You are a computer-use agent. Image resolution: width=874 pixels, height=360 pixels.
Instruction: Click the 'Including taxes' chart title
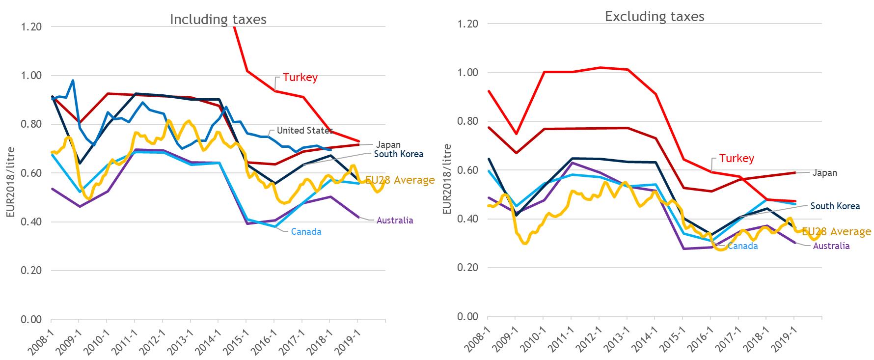[x=218, y=20]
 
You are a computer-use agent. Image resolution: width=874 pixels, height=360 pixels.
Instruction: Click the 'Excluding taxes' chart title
[x=655, y=17]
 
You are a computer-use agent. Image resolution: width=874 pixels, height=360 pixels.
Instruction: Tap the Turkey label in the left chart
[x=300, y=78]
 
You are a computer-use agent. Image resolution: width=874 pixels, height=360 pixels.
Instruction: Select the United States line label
[x=304, y=131]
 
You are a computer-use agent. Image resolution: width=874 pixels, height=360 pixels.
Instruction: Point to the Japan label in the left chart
[x=388, y=145]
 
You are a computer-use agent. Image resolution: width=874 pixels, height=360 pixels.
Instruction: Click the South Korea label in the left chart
[x=399, y=154]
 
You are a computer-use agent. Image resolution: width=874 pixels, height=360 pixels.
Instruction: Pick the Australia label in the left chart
[x=395, y=221]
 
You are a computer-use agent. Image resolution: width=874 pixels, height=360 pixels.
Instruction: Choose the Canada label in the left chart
[x=306, y=232]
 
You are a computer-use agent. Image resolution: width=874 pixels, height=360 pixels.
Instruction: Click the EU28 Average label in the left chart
[x=400, y=180]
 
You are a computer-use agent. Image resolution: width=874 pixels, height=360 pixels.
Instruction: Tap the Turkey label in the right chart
[x=737, y=159]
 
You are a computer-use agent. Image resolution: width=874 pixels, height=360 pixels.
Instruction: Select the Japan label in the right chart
[x=824, y=173]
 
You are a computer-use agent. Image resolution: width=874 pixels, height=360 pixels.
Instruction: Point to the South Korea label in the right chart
[x=835, y=206]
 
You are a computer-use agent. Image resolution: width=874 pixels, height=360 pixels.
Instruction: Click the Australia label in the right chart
[x=831, y=246]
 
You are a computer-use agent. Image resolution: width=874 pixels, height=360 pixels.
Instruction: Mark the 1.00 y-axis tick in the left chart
[x=31, y=76]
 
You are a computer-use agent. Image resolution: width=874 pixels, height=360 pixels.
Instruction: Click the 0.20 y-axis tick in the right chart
[x=467, y=268]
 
